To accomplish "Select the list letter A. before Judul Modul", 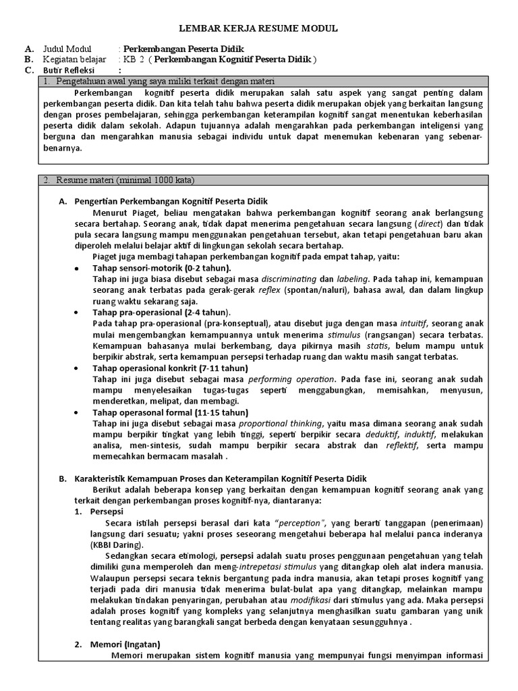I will [28, 49].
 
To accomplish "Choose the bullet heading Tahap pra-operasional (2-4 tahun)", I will [161, 312].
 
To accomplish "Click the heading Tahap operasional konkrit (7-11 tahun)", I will [170, 368].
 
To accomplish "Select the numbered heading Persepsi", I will [107, 512].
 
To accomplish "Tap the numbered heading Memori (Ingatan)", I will [125, 644].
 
